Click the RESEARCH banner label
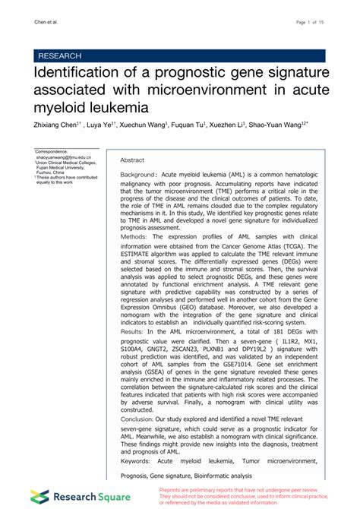point(59,55)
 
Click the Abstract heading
point(132,160)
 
